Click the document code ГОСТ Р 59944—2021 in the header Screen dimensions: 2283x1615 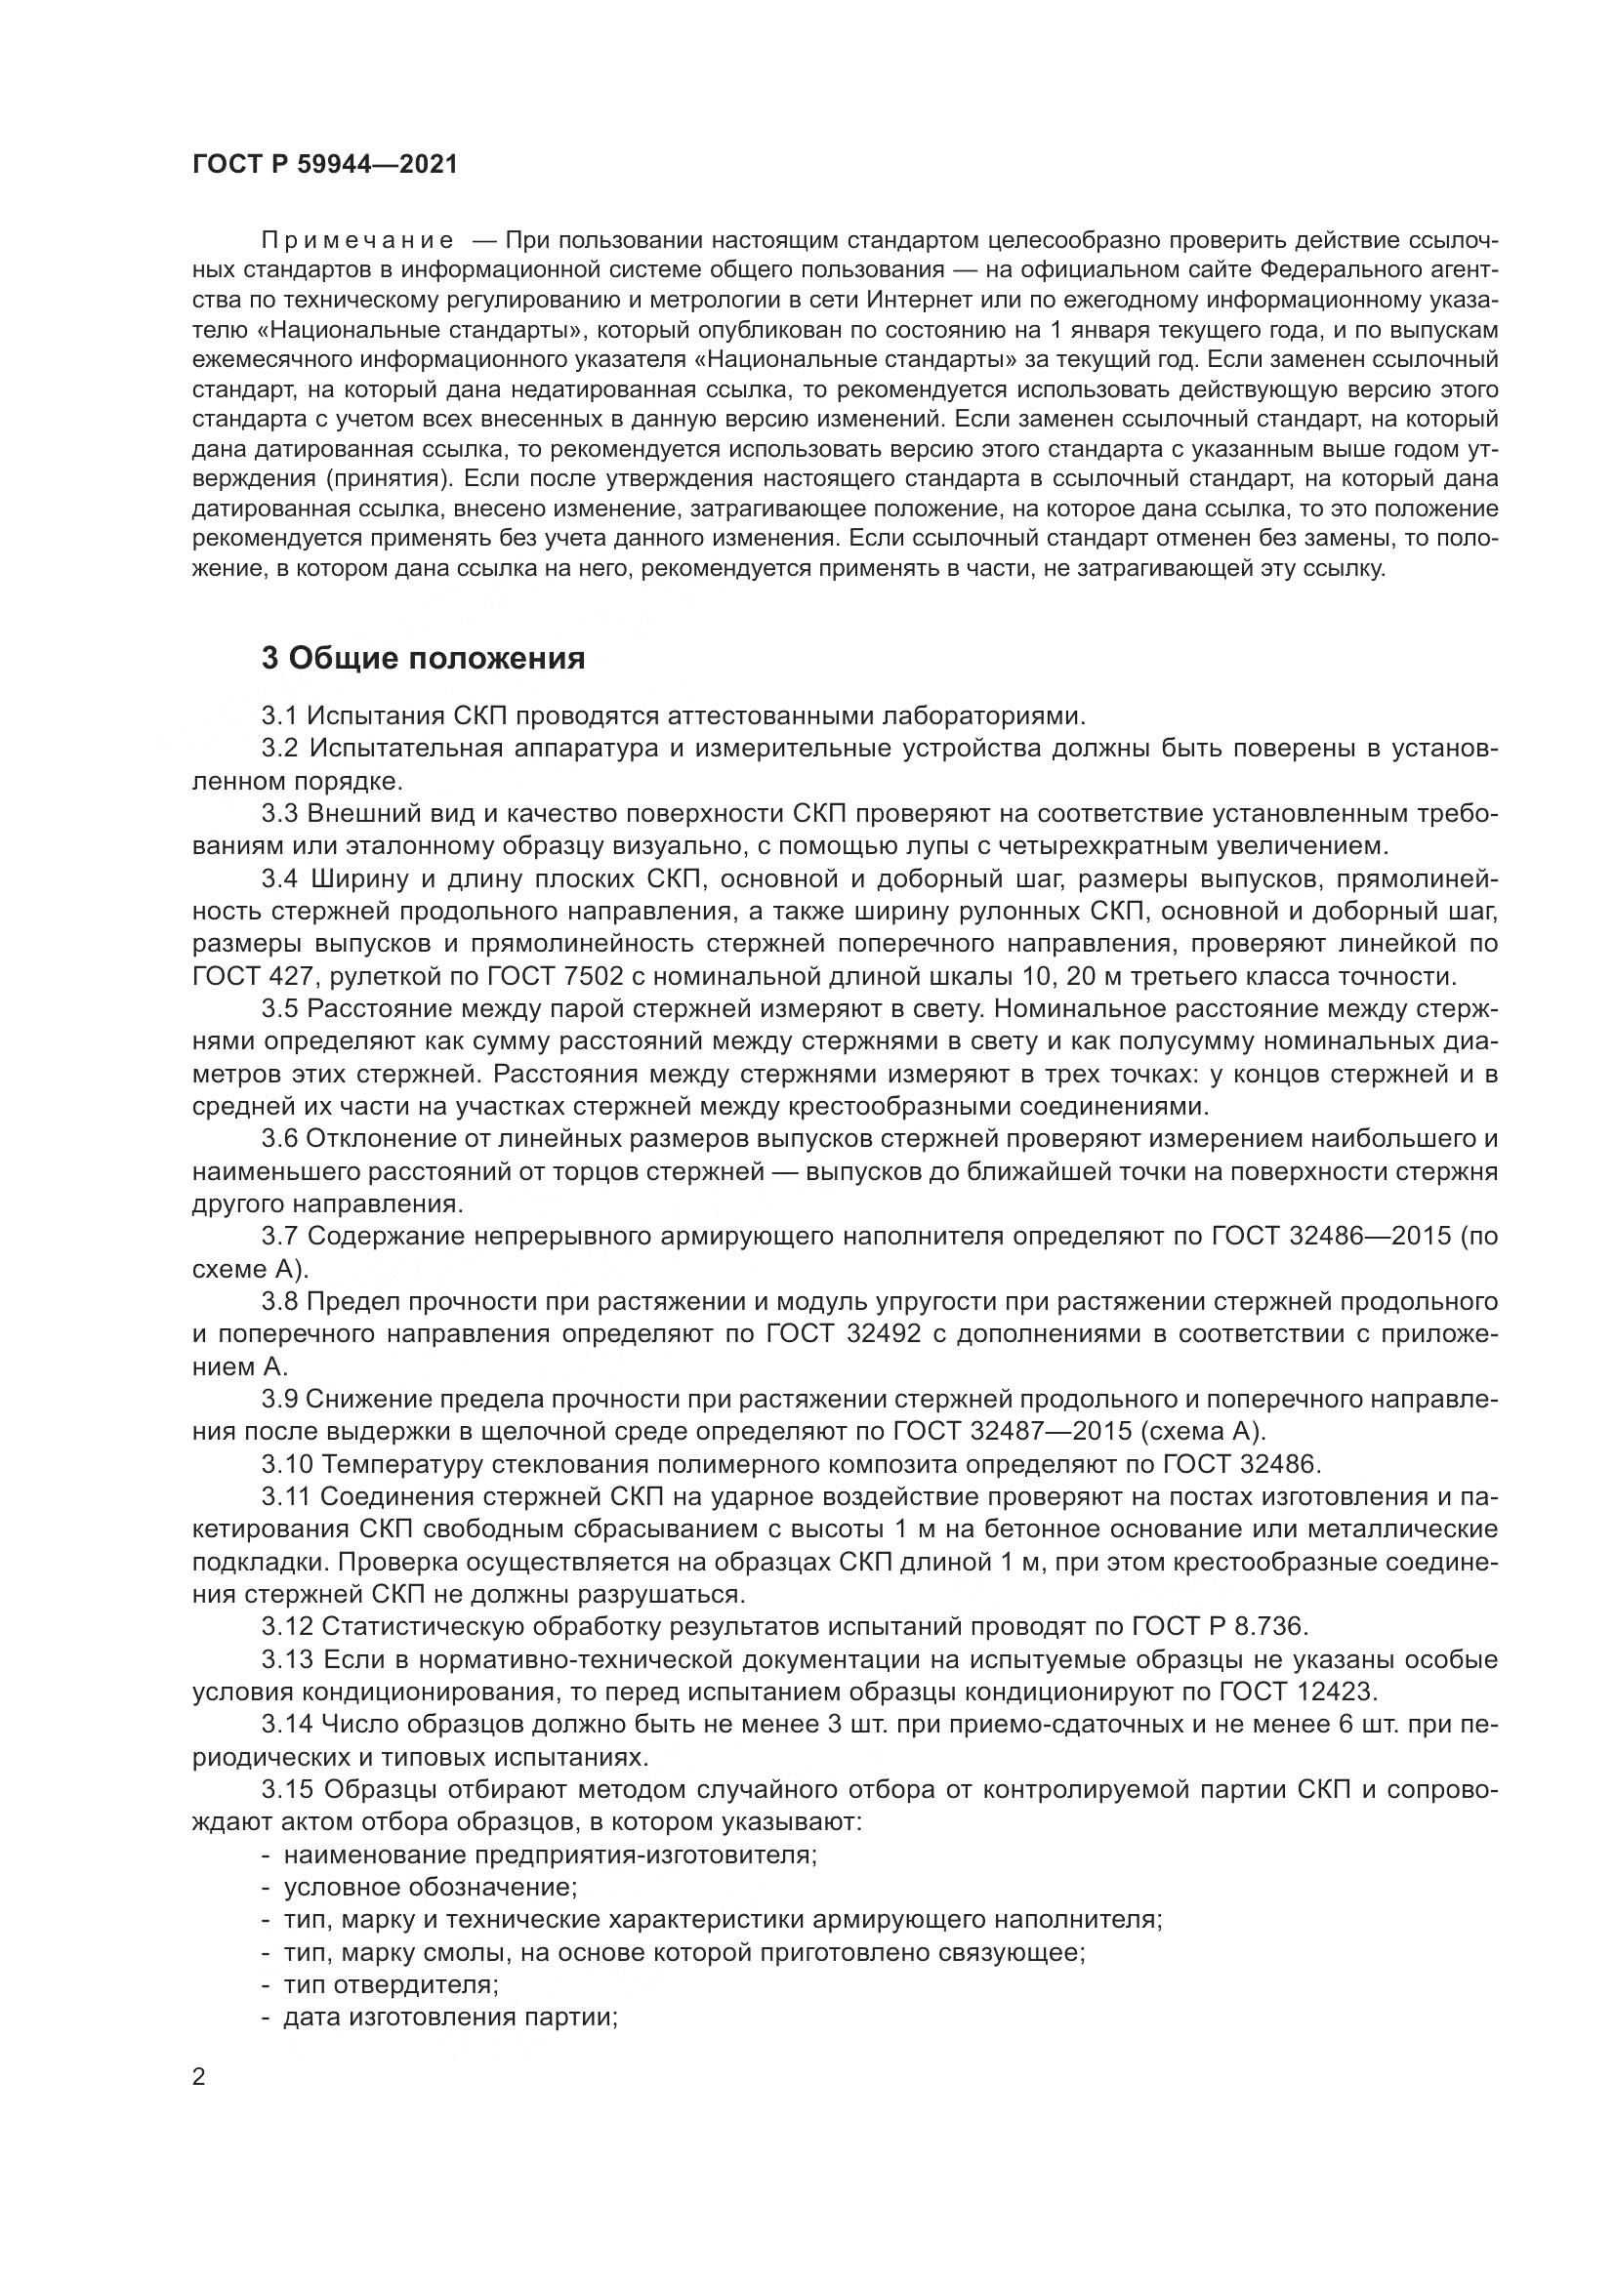(324, 165)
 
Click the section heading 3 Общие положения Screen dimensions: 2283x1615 (423, 658)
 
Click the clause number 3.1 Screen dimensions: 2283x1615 (279, 715)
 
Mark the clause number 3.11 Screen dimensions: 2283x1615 (286, 1496)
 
